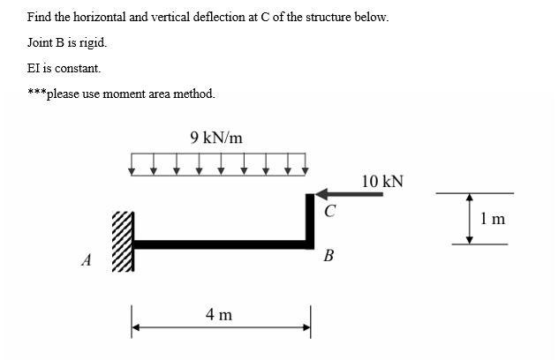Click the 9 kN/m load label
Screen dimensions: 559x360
coord(216,138)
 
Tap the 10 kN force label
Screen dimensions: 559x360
coord(382,182)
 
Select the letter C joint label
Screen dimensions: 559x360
coord(329,211)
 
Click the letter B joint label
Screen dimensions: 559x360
coord(329,257)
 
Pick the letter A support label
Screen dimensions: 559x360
coord(86,260)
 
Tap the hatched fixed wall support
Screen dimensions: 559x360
coord(124,243)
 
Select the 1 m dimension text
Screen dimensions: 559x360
coord(494,219)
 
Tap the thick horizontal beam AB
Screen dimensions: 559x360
coord(221,244)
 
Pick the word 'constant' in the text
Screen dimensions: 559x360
coord(75,67)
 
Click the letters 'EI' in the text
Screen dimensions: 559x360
coord(34,67)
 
